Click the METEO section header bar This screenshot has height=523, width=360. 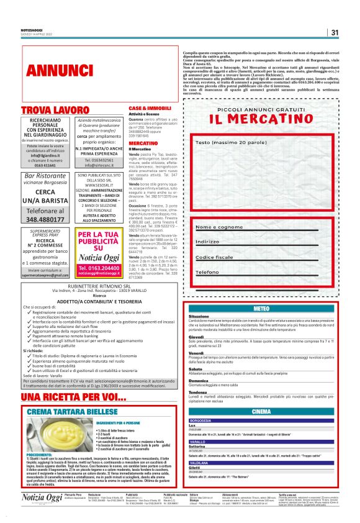coord(261,309)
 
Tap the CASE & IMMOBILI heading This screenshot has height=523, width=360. coord(150,108)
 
